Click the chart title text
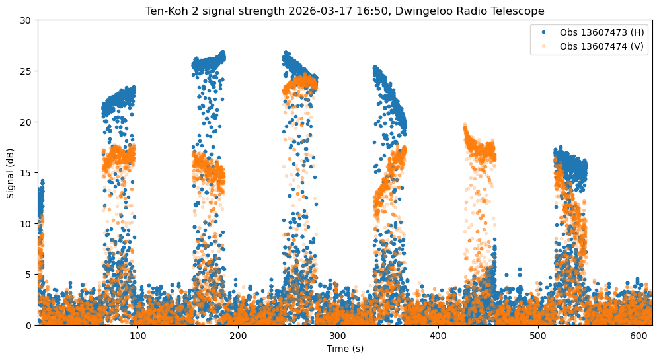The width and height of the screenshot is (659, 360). tap(344, 10)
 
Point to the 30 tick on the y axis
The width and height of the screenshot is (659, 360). tap(26, 20)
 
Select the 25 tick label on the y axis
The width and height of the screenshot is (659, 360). tap(26, 71)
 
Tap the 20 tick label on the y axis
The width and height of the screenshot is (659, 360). tap(26, 122)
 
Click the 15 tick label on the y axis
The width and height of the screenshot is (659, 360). tap(26, 173)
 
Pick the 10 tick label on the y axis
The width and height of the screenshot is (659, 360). tap(26, 224)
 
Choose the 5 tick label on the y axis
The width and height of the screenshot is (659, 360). tap(28, 275)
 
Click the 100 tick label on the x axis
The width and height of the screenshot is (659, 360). tap(137, 336)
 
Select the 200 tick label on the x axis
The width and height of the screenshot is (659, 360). tap(238, 336)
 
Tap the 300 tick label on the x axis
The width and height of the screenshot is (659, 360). tap(338, 336)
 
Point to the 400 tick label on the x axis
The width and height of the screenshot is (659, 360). tap(438, 336)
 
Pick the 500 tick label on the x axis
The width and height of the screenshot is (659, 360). tap(538, 336)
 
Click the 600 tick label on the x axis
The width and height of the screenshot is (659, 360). tap(639, 336)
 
